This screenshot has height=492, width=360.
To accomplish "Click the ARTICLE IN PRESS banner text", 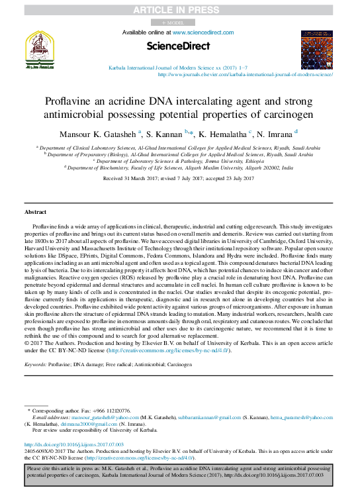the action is coord(179,9).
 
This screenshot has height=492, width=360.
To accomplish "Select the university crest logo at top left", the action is coord(40,50).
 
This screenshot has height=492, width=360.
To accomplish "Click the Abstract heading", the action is coord(35,211).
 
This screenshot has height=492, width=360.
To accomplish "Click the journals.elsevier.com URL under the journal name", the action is coord(245,75).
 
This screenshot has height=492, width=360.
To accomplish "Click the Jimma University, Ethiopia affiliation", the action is coord(179,162).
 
